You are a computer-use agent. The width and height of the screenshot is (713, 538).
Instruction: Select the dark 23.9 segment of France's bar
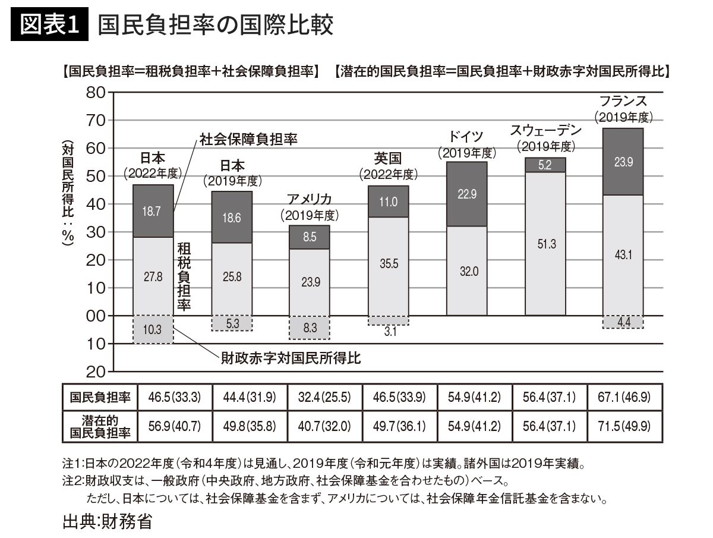click(x=623, y=162)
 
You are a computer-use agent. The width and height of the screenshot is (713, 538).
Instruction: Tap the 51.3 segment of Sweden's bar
click(x=545, y=243)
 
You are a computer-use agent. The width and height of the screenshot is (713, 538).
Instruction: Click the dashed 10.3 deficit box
click(x=153, y=329)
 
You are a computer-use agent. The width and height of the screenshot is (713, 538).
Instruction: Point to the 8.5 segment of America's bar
click(x=309, y=237)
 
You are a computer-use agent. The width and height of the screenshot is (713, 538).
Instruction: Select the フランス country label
click(x=623, y=100)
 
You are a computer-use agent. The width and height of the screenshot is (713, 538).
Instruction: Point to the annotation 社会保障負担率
click(x=248, y=139)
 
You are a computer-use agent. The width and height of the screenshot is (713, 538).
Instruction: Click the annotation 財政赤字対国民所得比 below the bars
click(x=291, y=358)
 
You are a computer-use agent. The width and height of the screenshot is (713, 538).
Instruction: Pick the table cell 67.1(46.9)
click(x=624, y=397)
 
